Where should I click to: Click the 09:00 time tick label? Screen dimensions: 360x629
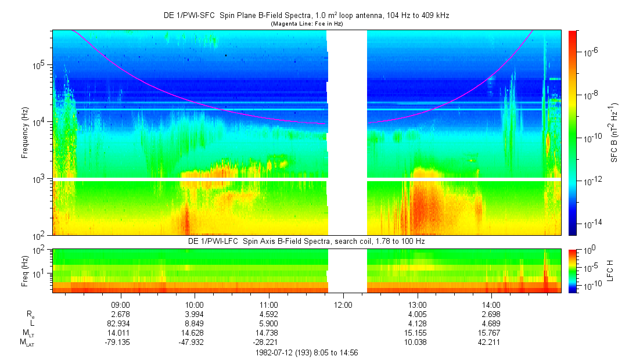120,305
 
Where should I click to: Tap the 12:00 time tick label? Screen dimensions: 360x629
343,305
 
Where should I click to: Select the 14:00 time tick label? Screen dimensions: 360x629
491,305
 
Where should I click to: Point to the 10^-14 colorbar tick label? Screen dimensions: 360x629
592,224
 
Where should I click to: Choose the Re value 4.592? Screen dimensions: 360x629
268,314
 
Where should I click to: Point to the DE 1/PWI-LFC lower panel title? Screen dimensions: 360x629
306,240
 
